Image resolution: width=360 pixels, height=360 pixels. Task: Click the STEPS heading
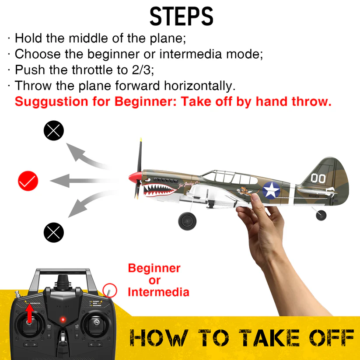(181, 16)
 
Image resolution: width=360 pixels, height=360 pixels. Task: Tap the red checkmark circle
(28, 180)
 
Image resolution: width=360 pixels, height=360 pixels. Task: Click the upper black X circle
(54, 131)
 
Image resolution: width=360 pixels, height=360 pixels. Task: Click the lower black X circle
(54, 232)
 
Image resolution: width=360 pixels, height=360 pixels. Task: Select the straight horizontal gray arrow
(83, 180)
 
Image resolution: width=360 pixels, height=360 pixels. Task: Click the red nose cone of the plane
(134, 178)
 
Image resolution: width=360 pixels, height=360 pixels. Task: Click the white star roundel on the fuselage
(272, 190)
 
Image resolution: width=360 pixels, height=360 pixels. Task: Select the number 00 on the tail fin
(318, 178)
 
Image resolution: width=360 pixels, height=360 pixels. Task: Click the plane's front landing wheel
(187, 221)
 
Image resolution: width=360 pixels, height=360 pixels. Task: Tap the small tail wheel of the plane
(321, 215)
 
